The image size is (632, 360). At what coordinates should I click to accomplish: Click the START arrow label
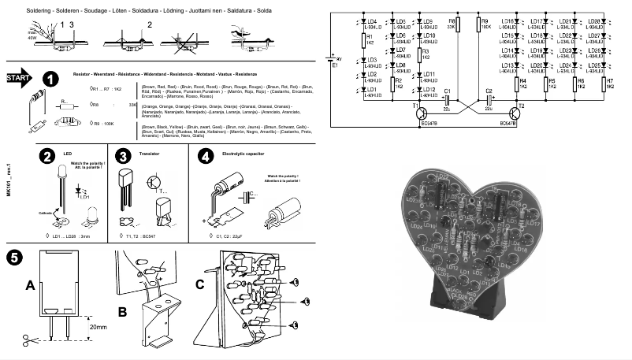[18, 80]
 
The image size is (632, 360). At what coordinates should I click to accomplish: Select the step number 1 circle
[50, 80]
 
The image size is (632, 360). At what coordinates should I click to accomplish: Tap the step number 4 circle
[205, 157]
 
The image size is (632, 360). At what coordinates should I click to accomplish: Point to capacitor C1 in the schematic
[447, 100]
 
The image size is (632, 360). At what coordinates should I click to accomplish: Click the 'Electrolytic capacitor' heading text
[246, 154]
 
